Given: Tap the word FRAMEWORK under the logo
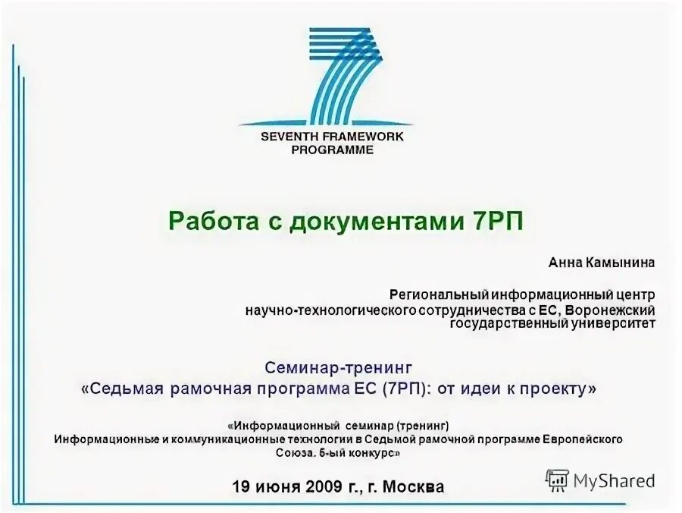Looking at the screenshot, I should [364, 137].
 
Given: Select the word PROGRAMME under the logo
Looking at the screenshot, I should [333, 149].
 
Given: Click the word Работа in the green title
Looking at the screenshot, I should [205, 222].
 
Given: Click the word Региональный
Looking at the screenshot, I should [439, 294].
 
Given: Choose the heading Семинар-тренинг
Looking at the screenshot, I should [339, 367].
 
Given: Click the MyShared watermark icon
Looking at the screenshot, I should [557, 480].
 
